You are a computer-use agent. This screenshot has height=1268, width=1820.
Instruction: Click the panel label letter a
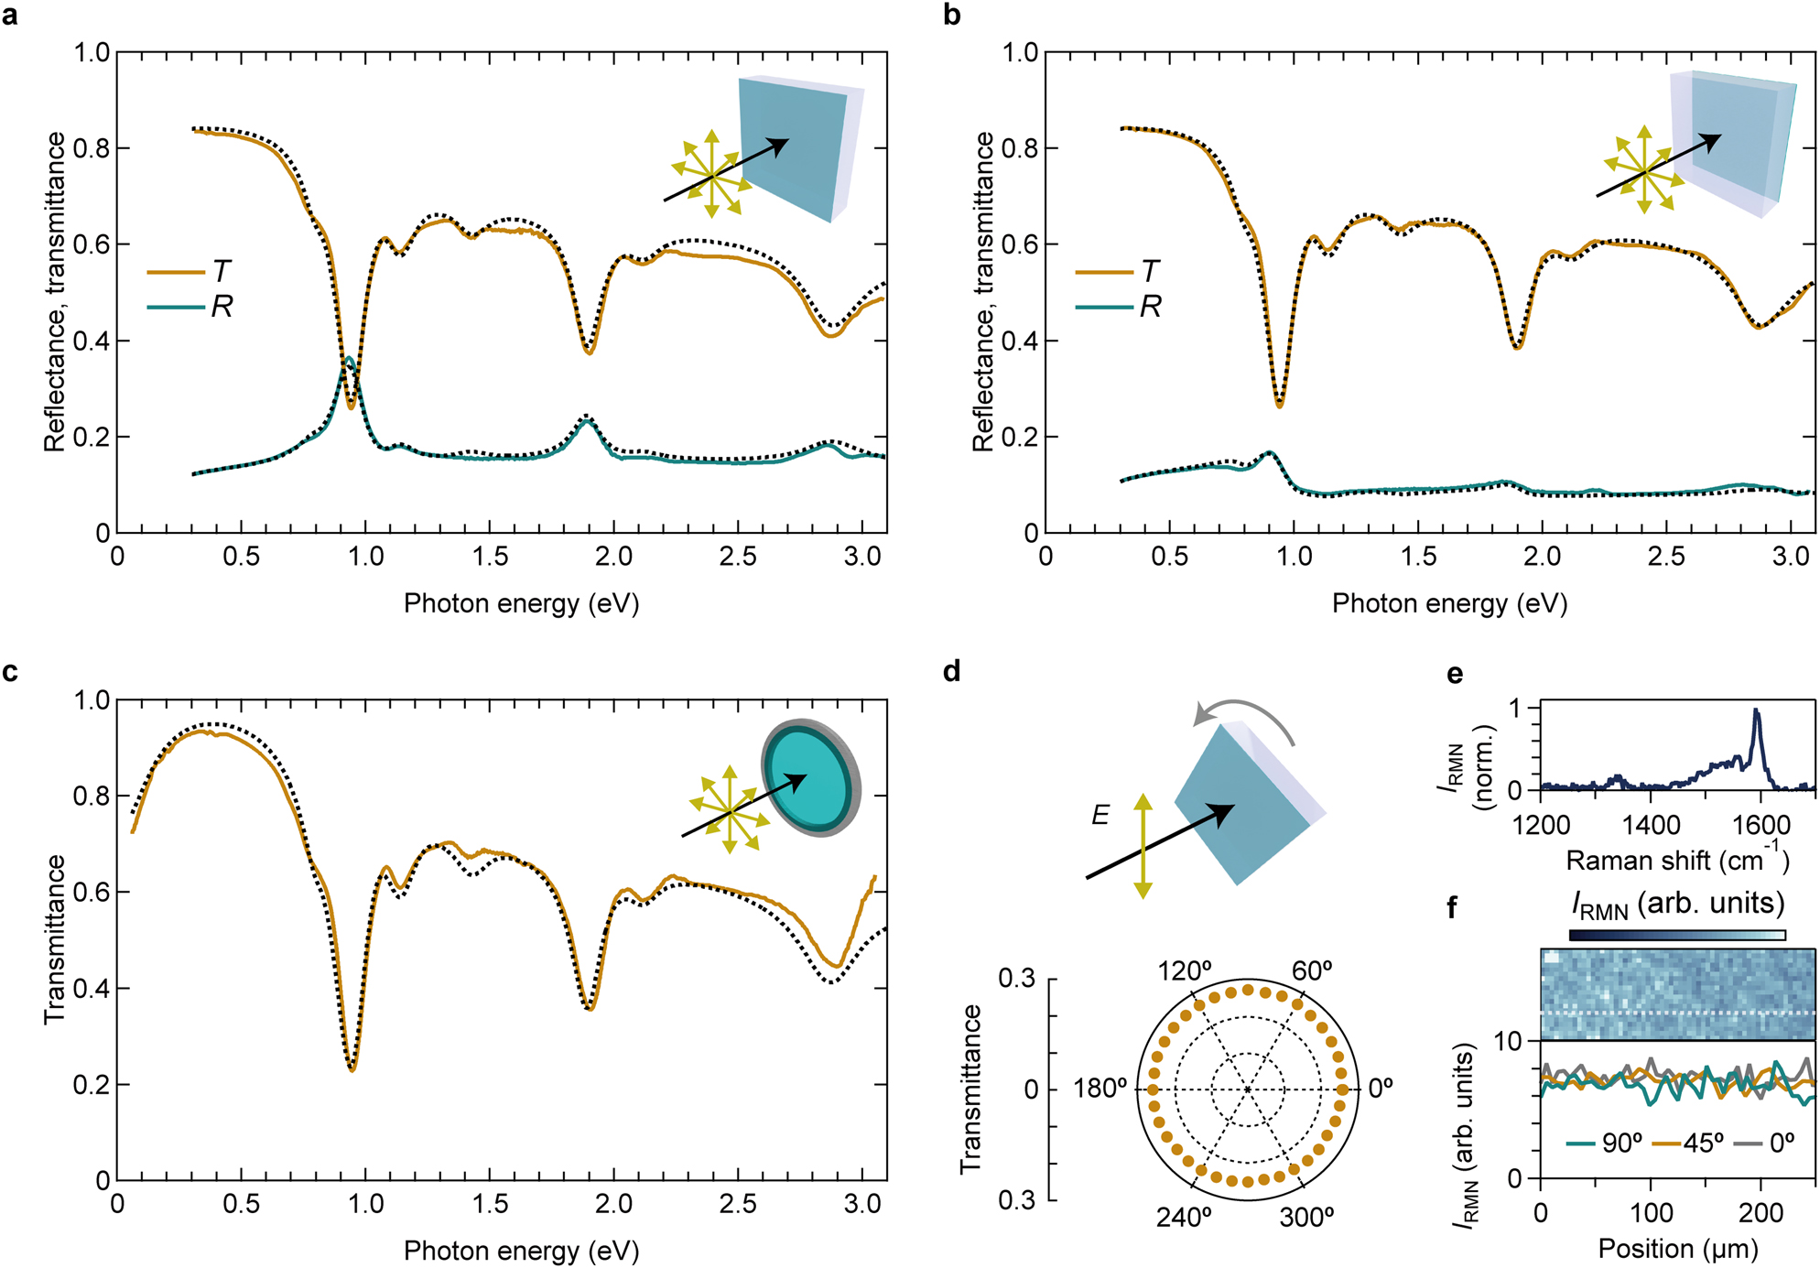pos(11,16)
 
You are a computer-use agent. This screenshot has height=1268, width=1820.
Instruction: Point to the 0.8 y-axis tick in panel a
pos(92,148)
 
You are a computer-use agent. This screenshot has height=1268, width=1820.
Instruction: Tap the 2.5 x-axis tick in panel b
pos(1665,557)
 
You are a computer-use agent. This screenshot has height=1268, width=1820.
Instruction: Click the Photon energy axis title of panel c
pos(521,1250)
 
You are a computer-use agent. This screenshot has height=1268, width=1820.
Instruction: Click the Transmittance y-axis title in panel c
pos(55,939)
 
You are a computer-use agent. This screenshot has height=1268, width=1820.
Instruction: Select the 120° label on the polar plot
pos(1186,971)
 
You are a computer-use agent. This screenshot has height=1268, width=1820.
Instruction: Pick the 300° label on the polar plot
pos(1306,1217)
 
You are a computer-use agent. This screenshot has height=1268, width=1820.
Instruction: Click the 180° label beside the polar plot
pos(1100,1089)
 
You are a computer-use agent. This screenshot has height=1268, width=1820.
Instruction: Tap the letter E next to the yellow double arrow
pos(1100,814)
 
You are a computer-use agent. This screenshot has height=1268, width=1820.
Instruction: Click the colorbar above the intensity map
pos(1677,936)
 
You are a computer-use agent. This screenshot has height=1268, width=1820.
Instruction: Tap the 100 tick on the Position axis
pos(1651,1213)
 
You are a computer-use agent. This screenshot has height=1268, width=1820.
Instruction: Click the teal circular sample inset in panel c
pos(811,777)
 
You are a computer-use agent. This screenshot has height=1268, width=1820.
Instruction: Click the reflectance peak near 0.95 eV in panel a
pos(350,360)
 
